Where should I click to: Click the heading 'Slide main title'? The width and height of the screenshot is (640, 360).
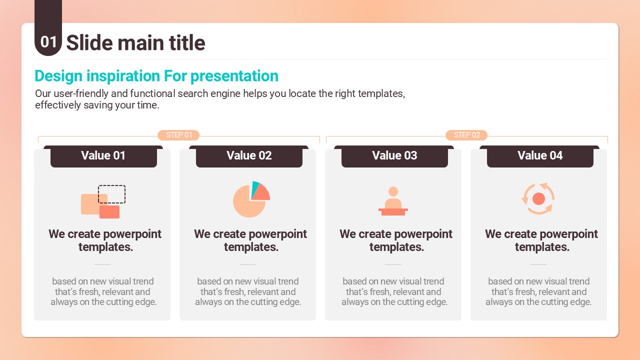(x=135, y=43)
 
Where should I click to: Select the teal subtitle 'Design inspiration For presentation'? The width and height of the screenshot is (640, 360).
(x=156, y=76)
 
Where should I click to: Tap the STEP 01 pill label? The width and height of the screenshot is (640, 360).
(x=178, y=135)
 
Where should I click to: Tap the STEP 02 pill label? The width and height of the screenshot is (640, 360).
(x=466, y=135)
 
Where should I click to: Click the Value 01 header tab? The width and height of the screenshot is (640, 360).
(x=103, y=156)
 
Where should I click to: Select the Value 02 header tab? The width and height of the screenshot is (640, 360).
(x=249, y=156)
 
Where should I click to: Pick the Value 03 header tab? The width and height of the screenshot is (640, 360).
(x=394, y=156)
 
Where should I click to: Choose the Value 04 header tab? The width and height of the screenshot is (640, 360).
(x=539, y=156)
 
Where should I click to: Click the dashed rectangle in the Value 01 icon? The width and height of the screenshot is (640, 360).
(x=111, y=186)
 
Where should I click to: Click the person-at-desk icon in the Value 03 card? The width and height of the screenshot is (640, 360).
(x=393, y=201)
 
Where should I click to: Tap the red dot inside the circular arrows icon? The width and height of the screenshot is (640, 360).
(x=538, y=199)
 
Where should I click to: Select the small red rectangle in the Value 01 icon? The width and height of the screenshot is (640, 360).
(x=109, y=212)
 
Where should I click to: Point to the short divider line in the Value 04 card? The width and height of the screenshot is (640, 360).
(x=538, y=264)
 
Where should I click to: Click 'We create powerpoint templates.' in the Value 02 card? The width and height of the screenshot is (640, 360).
(x=250, y=240)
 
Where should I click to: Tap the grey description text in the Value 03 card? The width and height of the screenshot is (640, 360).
(x=394, y=291)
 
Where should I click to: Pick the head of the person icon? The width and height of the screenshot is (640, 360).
(x=393, y=191)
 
